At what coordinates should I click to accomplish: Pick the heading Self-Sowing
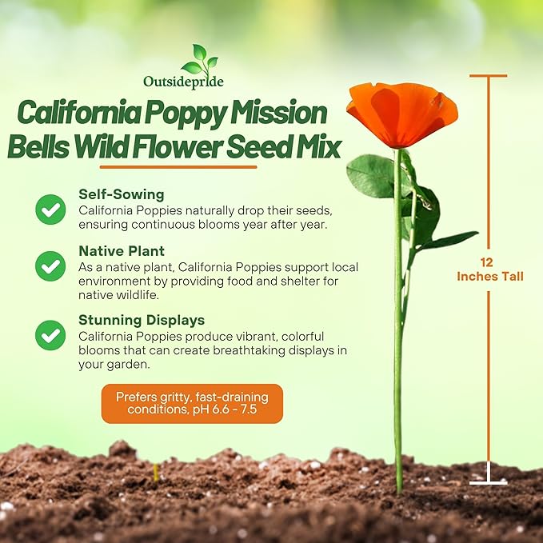(121, 194)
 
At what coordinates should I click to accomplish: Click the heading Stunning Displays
(142, 321)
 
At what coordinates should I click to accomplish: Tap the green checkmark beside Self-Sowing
(50, 210)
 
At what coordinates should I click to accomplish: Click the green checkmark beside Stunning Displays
(50, 335)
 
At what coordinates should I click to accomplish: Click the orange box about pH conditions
(192, 403)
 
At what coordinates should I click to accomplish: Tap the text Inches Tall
(489, 277)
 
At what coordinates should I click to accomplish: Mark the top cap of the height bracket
(488, 76)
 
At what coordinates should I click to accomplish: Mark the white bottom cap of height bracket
(488, 482)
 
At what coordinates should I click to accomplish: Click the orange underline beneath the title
(179, 167)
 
